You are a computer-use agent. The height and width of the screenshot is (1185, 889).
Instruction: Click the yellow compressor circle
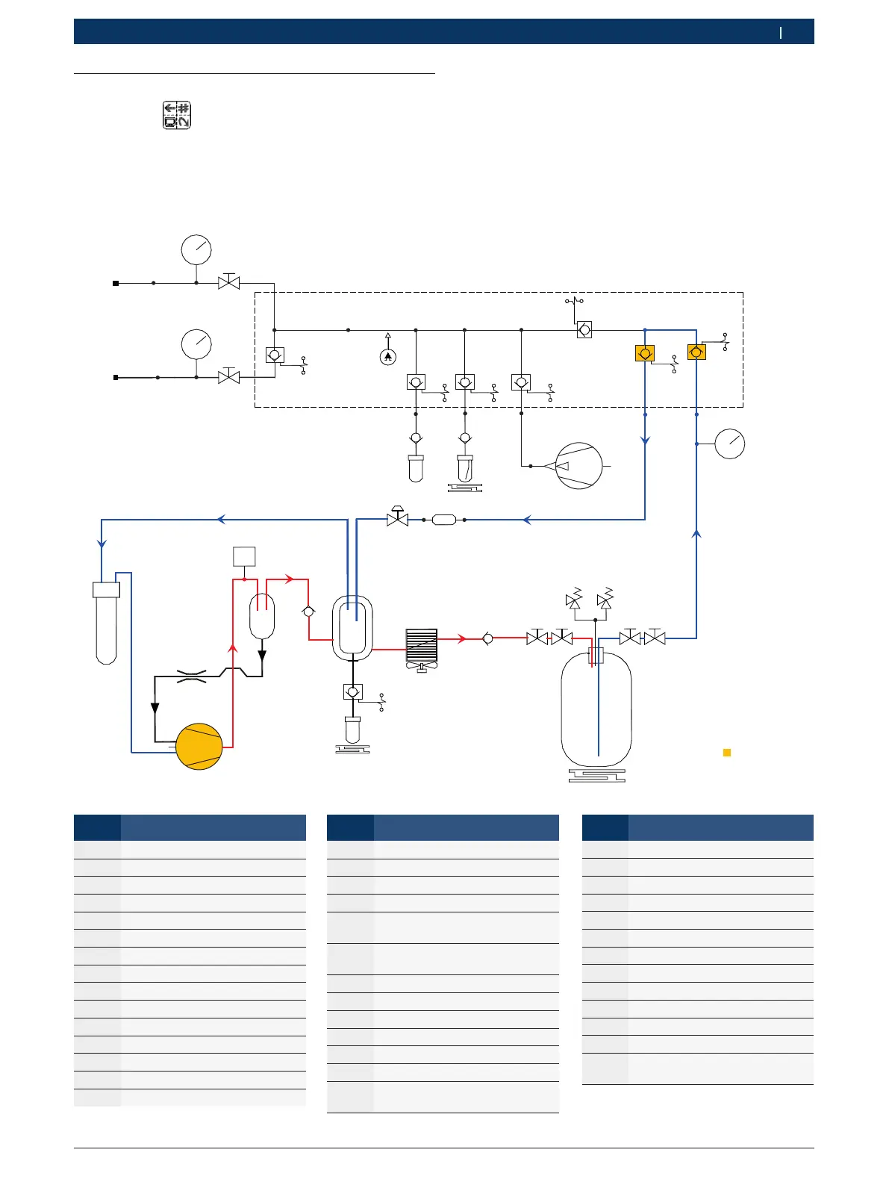coord(199,746)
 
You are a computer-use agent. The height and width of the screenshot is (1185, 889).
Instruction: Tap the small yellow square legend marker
coord(727,753)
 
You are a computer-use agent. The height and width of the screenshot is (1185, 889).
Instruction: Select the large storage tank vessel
coord(596,709)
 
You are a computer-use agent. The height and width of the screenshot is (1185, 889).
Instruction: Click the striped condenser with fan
coord(422,647)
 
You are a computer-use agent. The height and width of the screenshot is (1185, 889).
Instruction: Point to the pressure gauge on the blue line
coord(730,444)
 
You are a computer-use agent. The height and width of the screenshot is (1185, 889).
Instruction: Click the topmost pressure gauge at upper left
coord(196,249)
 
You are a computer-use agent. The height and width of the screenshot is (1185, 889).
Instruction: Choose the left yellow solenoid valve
coord(645,353)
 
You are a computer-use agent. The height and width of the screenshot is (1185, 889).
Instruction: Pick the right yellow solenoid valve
coord(696,352)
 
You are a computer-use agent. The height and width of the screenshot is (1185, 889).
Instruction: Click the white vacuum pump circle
coord(579,466)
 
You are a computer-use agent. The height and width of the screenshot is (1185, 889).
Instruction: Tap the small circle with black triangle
coord(387,358)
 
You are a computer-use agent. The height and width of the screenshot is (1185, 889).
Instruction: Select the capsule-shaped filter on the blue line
coord(444,520)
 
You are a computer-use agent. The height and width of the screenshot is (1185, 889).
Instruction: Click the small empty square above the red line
coord(244,556)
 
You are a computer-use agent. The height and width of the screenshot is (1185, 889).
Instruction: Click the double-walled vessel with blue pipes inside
coord(352,628)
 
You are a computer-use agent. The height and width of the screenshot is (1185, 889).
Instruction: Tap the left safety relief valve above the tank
coord(574,600)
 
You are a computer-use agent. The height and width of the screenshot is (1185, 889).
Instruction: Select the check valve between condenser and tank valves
coord(488,638)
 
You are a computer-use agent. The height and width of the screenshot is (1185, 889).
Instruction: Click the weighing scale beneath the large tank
coord(596,776)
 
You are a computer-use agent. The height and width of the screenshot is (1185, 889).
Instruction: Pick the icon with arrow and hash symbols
coord(177,115)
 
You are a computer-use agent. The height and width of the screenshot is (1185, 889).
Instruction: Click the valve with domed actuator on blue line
coord(398,517)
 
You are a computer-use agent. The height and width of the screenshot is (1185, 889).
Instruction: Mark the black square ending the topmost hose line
coord(116,283)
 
